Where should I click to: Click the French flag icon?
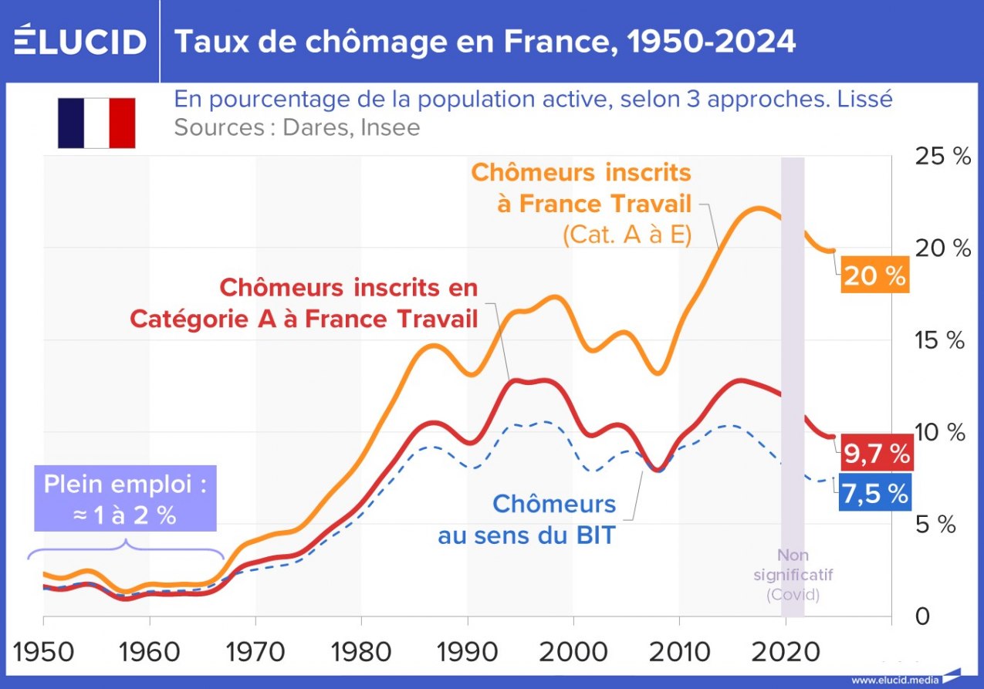tap(96, 123)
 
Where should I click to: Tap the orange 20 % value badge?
tap(874, 275)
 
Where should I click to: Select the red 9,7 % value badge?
tap(876, 454)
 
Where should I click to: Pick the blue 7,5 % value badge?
tap(874, 494)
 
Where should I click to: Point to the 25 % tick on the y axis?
tap(941, 157)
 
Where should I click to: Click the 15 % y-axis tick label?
tap(941, 340)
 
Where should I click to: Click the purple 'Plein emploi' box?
tap(125, 498)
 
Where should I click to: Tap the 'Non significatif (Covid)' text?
tap(793, 575)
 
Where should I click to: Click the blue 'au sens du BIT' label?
tap(526, 535)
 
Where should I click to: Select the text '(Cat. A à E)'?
tap(626, 235)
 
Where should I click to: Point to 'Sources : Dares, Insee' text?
tap(297, 127)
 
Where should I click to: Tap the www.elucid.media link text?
tap(895, 681)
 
